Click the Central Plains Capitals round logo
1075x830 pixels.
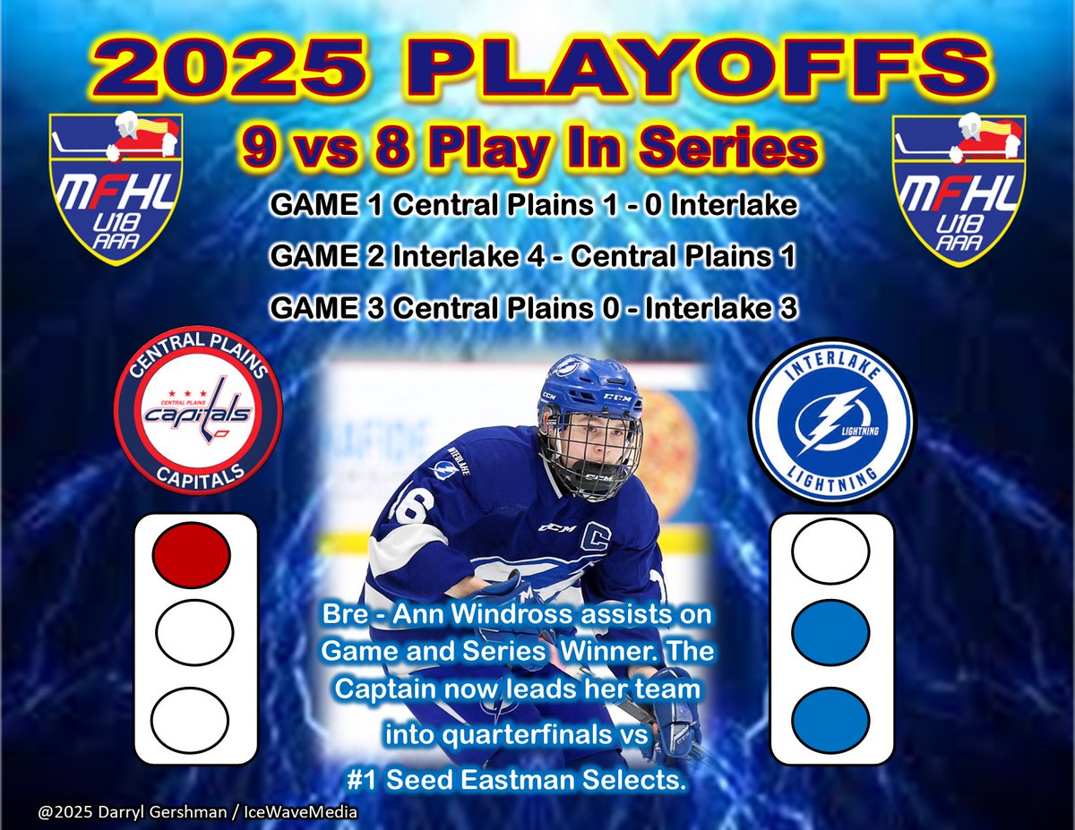pyautogui.click(x=199, y=409)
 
